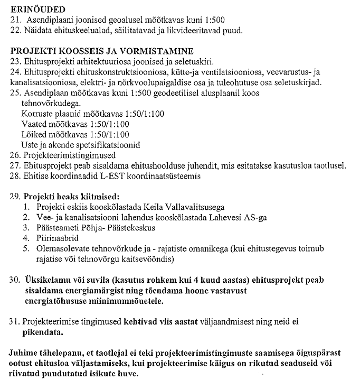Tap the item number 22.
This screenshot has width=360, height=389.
[15, 30]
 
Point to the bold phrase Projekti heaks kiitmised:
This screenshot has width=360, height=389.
[71, 197]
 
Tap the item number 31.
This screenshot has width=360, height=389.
[15, 321]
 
